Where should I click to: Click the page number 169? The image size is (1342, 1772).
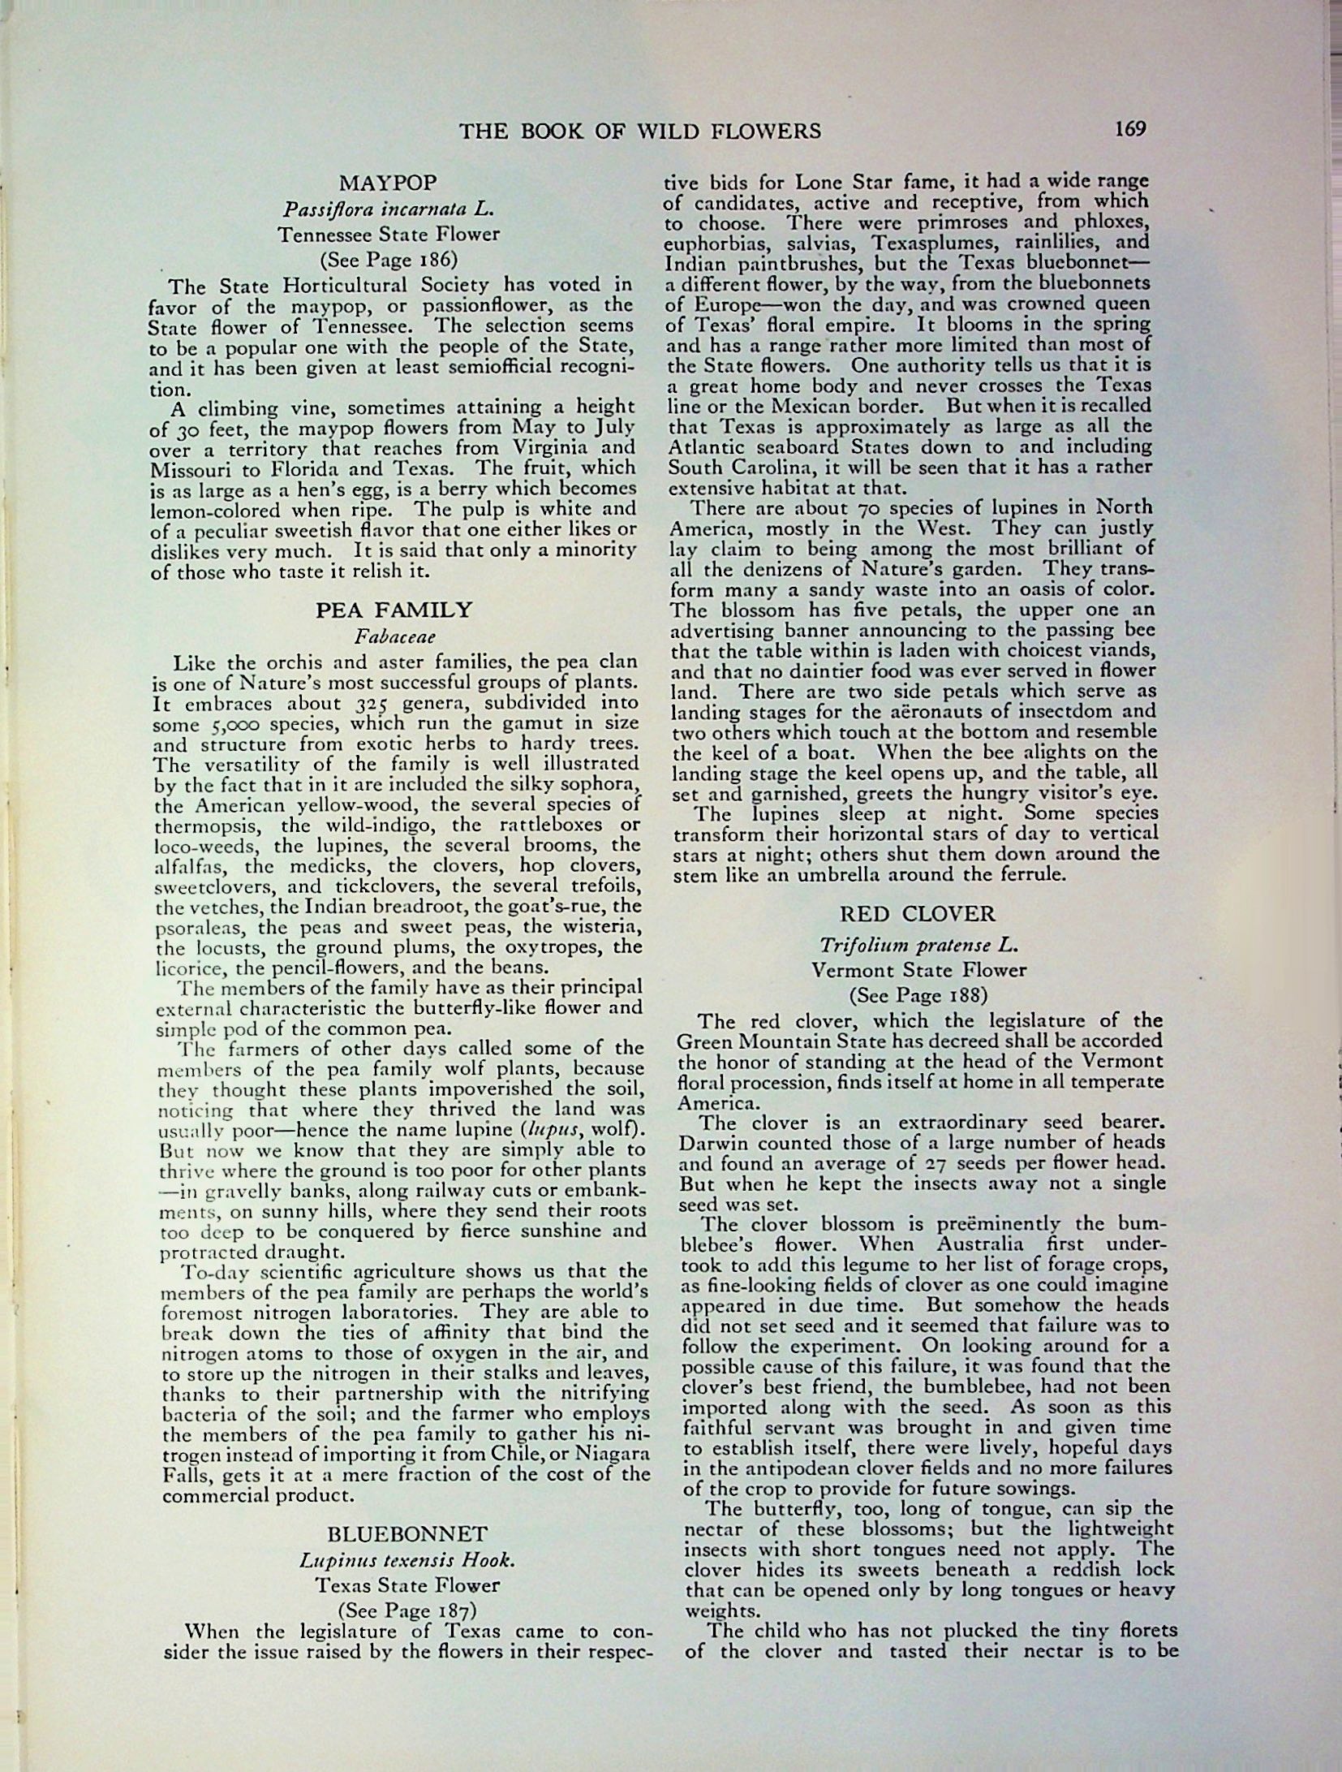click(x=1129, y=129)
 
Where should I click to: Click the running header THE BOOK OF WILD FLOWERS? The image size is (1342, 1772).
click(x=640, y=131)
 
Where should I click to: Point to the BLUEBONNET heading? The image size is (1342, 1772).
click(x=407, y=1534)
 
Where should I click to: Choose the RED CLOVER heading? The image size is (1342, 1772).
click(x=918, y=914)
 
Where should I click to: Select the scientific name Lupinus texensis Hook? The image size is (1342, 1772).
click(x=406, y=1560)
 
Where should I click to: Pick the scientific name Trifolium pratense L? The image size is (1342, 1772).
click(x=918, y=945)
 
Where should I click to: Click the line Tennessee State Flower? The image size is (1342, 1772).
click(x=388, y=235)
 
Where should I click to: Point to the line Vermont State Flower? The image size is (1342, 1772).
click(x=918, y=969)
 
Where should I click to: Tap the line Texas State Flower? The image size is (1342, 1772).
click(x=406, y=1584)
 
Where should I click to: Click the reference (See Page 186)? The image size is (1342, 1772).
click(x=388, y=260)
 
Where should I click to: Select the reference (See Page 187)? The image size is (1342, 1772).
click(x=406, y=1609)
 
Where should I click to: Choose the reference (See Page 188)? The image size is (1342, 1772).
click(x=918, y=994)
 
